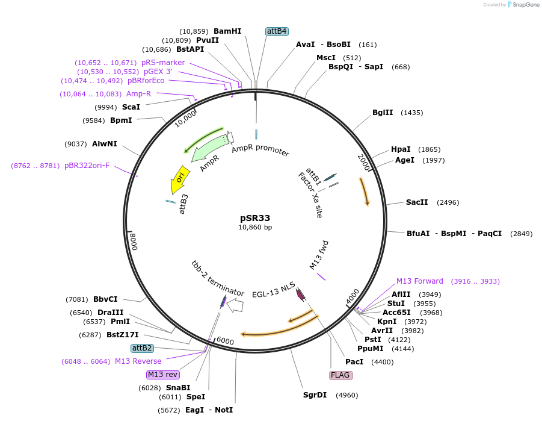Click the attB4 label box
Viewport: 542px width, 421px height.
277,31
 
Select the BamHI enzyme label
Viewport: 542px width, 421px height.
227,31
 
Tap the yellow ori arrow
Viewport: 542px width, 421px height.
179,178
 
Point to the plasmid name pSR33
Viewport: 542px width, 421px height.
255,218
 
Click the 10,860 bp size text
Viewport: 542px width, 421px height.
255,227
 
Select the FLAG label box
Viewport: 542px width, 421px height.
340,375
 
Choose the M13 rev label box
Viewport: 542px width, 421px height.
162,375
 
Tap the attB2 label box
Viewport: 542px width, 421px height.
143,348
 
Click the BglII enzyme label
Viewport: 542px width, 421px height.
383,113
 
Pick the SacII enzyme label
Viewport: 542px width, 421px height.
417,202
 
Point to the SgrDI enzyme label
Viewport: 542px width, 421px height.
315,396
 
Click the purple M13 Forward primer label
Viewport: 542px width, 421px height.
419,281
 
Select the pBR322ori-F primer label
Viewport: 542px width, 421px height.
87,166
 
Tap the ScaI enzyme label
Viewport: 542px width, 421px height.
131,107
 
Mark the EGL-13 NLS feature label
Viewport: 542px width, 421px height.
274,285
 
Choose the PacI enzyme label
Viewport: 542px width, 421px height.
354,362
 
